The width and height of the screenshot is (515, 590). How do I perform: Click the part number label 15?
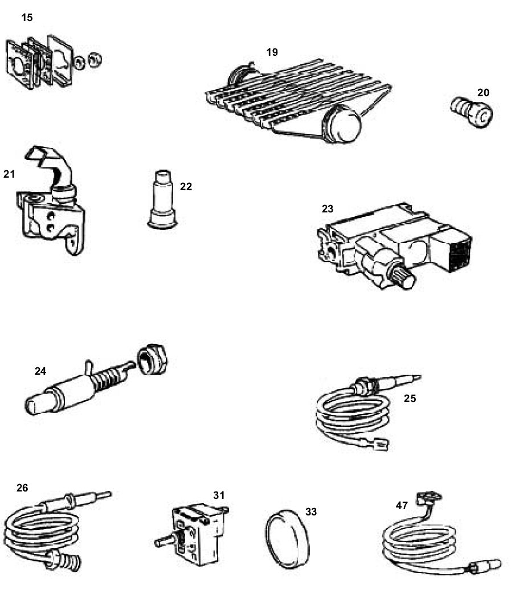(x=27, y=18)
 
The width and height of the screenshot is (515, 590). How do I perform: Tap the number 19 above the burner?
(x=272, y=52)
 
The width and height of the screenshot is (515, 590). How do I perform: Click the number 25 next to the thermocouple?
(x=410, y=399)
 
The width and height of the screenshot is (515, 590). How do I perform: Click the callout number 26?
(x=22, y=487)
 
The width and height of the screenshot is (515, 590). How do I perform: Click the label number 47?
(x=403, y=505)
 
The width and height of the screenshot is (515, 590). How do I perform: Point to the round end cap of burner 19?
(x=342, y=124)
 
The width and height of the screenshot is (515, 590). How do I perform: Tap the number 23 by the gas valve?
(x=328, y=209)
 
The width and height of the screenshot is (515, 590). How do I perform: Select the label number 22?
(x=186, y=186)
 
